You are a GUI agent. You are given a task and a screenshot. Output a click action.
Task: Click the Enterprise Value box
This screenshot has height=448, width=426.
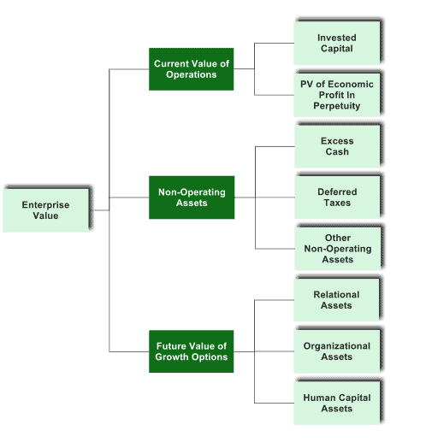click(46, 210)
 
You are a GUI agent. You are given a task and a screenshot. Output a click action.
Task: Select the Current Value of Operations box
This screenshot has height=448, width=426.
click(192, 69)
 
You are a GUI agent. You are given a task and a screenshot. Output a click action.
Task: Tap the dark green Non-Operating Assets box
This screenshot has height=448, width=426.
click(192, 197)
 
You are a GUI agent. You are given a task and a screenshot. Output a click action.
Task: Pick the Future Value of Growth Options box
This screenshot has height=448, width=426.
click(192, 351)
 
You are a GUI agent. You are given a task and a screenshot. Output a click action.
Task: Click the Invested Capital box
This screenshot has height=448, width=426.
click(337, 43)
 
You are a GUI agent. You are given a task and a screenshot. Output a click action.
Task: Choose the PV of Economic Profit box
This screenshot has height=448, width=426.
click(337, 95)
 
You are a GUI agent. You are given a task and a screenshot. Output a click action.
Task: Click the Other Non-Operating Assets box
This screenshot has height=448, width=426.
click(338, 249)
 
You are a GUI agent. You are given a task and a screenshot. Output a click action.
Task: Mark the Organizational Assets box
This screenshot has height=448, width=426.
click(337, 351)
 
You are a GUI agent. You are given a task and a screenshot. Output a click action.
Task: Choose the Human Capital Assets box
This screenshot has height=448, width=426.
click(337, 403)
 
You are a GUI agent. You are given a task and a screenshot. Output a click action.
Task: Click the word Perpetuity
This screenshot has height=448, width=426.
click(337, 106)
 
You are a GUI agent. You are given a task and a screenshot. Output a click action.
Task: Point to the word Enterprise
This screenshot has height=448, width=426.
click(45, 205)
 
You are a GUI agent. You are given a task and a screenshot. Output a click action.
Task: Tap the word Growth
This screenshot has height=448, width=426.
click(172, 357)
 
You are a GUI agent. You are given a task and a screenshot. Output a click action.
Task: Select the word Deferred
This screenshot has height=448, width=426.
click(337, 192)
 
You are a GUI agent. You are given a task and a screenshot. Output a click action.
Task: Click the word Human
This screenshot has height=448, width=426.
click(318, 398)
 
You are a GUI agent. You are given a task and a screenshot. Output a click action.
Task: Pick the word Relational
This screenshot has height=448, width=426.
click(336, 295)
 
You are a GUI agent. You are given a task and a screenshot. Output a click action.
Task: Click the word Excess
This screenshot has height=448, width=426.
click(337, 141)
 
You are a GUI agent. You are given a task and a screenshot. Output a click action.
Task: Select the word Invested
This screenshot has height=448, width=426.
click(337, 38)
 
